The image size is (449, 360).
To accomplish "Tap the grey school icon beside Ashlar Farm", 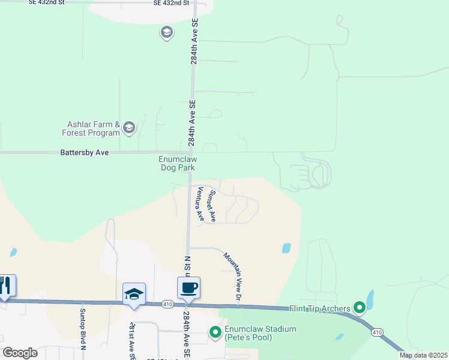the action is click(128, 127).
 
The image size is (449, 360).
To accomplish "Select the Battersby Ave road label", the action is click(85, 153).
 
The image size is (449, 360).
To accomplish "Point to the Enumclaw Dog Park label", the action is click(177, 163).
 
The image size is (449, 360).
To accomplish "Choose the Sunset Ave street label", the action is click(211, 206).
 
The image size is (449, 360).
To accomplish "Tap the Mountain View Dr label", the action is click(232, 277).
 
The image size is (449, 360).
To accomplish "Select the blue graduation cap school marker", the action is click(134, 294).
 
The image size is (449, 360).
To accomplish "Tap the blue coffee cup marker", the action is click(188, 287).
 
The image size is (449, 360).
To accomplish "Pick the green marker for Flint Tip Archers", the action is click(360, 308).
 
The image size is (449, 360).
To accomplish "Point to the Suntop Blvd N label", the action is click(83, 329).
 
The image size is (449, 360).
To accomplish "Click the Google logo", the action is click(20, 353).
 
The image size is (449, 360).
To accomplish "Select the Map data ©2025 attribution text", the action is click(423, 355).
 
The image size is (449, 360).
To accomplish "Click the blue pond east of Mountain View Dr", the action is click(286, 247).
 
